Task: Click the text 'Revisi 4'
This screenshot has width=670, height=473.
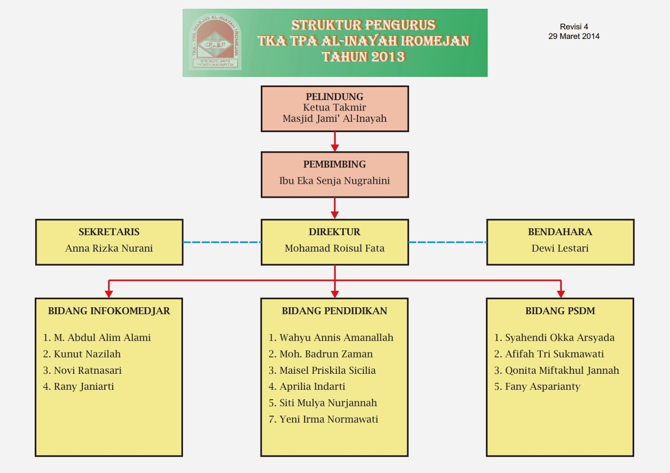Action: (574, 27)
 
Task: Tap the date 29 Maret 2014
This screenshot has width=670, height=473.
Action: (574, 36)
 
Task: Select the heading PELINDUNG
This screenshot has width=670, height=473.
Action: (334, 97)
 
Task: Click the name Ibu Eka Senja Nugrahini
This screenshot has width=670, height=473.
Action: (334, 181)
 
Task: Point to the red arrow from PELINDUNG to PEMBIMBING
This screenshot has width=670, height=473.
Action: (335, 142)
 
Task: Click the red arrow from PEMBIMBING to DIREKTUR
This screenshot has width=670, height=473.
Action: (335, 208)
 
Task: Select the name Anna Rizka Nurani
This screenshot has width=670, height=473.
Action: (109, 248)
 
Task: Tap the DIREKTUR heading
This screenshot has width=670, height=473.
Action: (334, 232)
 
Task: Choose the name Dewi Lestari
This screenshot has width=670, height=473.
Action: (560, 248)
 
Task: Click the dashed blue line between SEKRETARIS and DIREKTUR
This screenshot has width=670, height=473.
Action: (222, 242)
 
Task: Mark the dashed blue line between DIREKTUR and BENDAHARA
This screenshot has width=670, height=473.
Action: (447, 242)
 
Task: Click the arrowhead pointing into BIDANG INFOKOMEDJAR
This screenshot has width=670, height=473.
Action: (109, 294)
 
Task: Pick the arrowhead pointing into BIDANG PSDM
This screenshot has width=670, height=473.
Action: (561, 294)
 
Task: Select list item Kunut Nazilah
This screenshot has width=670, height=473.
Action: (87, 354)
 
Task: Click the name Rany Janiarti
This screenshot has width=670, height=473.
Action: (83, 387)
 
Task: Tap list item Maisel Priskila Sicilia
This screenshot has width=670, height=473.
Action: (327, 370)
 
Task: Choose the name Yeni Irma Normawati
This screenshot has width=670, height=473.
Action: (328, 419)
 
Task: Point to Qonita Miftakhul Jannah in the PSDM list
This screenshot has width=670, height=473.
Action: (562, 370)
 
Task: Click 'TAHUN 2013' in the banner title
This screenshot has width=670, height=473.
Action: (363, 57)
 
